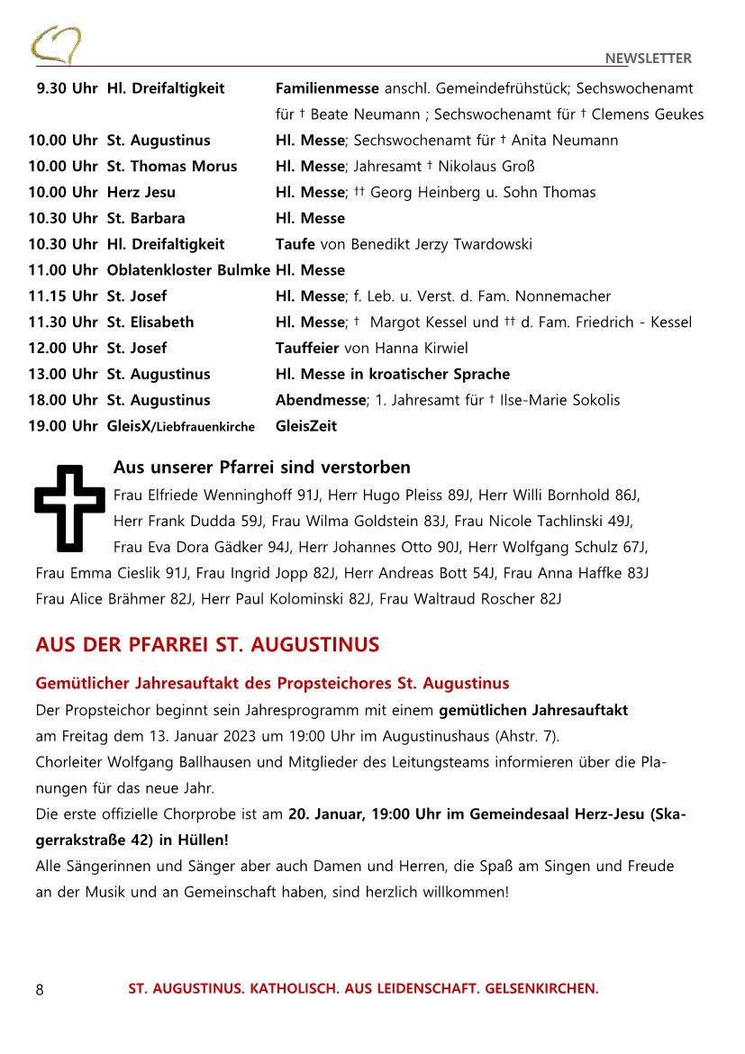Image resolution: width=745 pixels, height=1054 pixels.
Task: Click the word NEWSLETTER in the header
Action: click(x=648, y=59)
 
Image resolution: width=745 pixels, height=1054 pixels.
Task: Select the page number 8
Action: click(x=40, y=989)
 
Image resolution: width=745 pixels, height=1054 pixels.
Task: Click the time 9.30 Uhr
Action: click(x=67, y=88)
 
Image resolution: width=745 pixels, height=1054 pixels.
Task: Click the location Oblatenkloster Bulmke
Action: click(x=188, y=270)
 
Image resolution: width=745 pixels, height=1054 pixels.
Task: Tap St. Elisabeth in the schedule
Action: click(x=150, y=323)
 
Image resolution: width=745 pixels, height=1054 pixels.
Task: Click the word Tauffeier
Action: click(x=308, y=349)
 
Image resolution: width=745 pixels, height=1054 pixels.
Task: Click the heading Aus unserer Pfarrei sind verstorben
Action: click(x=261, y=468)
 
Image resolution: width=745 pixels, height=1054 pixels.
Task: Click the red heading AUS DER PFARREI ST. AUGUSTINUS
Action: click(x=207, y=645)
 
